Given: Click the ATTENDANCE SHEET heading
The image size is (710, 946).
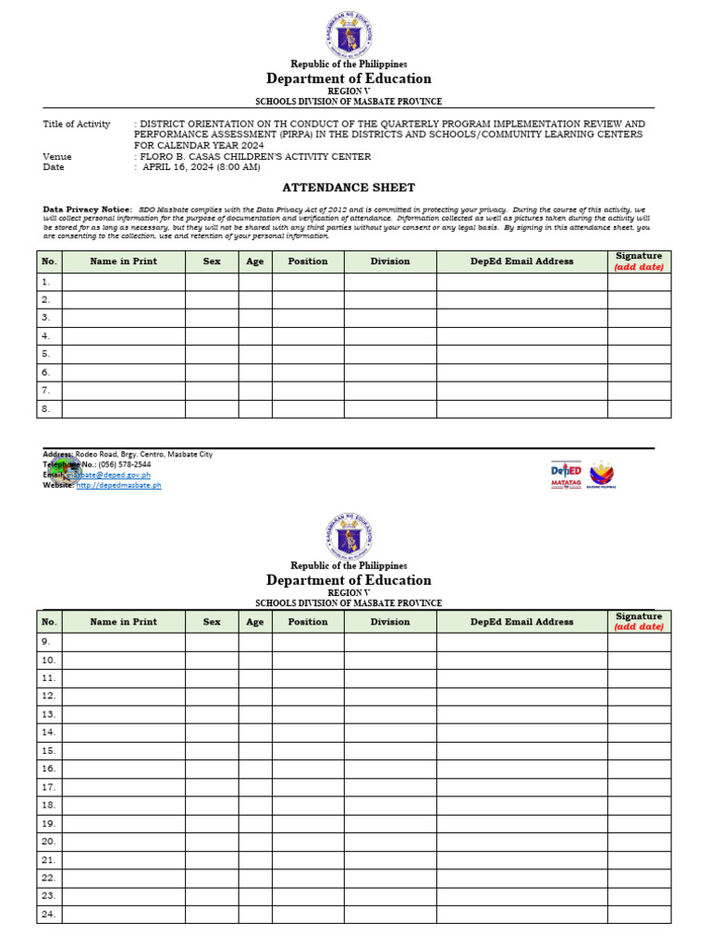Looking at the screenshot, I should click(x=349, y=188).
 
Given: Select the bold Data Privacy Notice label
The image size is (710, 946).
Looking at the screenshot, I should click(x=88, y=210).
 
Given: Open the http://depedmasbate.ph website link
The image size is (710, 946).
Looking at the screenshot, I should click(x=118, y=485).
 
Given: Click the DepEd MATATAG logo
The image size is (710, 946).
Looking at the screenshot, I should click(x=567, y=472).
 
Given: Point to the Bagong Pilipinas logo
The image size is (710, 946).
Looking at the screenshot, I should click(x=601, y=472).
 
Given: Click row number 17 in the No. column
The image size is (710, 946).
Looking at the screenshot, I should click(x=48, y=787).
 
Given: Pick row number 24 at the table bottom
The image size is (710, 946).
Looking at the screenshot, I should click(x=48, y=915).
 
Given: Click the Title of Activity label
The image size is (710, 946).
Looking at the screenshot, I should click(x=77, y=124).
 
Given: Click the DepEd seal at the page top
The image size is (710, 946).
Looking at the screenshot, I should click(x=349, y=36).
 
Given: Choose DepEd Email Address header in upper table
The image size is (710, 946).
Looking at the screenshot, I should click(x=521, y=261).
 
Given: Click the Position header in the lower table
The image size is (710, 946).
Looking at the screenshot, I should click(x=308, y=622).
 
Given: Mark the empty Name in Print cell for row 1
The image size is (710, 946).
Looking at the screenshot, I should click(x=123, y=282).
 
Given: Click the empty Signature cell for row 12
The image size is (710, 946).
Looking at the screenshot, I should click(x=639, y=696).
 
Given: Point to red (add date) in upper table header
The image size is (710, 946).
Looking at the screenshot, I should click(x=639, y=267).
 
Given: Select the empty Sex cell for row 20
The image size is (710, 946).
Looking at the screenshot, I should click(x=212, y=842).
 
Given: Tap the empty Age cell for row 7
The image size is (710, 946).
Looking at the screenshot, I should click(x=255, y=391).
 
